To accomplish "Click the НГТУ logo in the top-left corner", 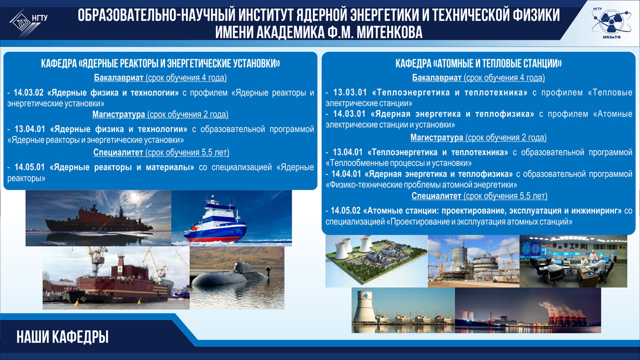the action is [x=28, y=21].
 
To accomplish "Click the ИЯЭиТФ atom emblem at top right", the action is [x=611, y=22].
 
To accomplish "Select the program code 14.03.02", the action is [x=28, y=92].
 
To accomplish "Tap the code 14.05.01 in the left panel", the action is [x=29, y=167].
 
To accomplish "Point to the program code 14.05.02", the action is [x=345, y=210].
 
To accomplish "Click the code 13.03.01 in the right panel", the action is [x=350, y=92].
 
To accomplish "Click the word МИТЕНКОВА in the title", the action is [x=389, y=32].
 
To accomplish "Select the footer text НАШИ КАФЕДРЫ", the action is [x=62, y=337].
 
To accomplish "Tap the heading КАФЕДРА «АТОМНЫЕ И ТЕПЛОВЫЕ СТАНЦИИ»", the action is [x=478, y=63].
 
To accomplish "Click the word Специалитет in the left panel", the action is [x=118, y=152].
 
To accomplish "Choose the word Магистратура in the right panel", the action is [x=436, y=137].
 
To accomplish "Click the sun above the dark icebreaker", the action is [x=133, y=196].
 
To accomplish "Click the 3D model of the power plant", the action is [x=376, y=261].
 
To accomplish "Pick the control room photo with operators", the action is [x=573, y=261].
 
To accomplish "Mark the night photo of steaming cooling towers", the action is [x=527, y=310].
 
